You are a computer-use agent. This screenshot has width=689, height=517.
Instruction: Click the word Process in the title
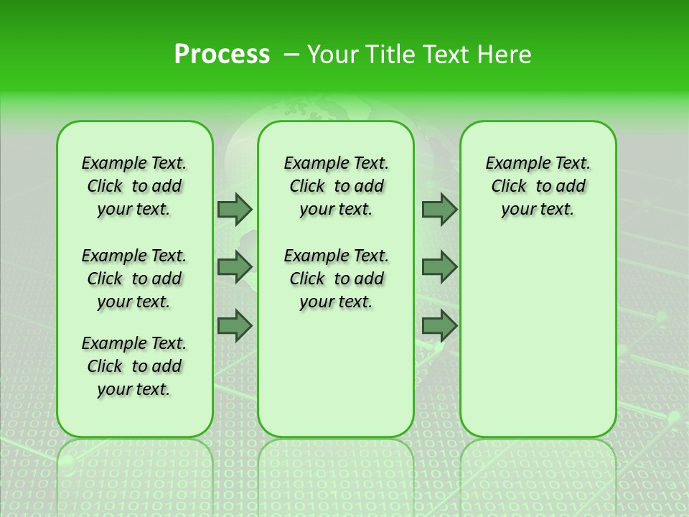(x=222, y=55)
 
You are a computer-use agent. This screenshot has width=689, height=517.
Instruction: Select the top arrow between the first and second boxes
(x=235, y=210)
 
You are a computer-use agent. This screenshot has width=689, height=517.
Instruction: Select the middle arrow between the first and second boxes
(x=235, y=267)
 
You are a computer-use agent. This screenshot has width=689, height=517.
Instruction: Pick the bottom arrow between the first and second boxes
(x=235, y=326)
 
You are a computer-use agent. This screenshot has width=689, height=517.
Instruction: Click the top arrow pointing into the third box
(x=439, y=210)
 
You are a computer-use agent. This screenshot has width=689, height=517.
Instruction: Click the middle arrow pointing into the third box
(x=439, y=267)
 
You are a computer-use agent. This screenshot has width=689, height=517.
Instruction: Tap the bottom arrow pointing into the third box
(x=439, y=326)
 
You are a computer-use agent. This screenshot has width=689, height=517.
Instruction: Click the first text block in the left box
(x=134, y=186)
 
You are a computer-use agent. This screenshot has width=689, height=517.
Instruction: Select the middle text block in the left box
(x=134, y=279)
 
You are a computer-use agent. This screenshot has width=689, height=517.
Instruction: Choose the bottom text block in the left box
(x=134, y=366)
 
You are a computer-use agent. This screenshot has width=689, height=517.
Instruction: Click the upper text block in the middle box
(x=337, y=186)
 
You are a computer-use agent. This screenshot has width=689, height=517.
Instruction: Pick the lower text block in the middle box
(x=337, y=279)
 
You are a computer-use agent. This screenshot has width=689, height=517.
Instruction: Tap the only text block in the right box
(x=538, y=186)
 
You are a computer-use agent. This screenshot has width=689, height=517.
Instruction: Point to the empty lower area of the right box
(x=538, y=337)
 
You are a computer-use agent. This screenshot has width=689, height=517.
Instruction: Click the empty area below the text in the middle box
(x=337, y=373)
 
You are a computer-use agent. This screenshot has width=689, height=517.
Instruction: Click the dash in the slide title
(x=292, y=55)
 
